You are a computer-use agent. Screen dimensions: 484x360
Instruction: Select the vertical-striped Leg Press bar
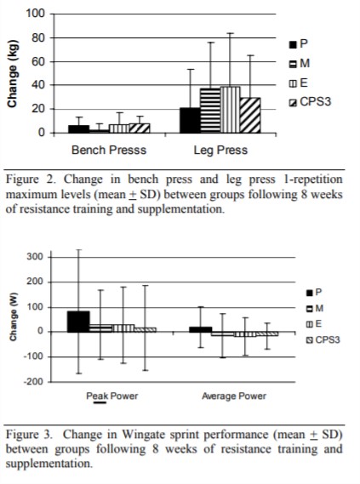(230, 110)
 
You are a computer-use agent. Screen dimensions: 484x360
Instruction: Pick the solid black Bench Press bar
(78, 128)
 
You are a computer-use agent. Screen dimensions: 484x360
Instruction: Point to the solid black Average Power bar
(200, 328)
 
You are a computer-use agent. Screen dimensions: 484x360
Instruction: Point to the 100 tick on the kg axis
(35, 14)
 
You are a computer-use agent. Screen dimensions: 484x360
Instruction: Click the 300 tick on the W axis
(35, 257)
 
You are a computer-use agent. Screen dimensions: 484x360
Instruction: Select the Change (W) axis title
(14, 320)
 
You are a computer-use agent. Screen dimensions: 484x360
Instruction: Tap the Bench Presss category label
(108, 151)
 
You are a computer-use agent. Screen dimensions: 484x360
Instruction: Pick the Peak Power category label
(111, 396)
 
